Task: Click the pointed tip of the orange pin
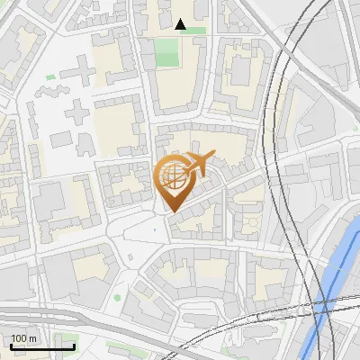click(x=172, y=212)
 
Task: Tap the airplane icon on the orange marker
click(x=196, y=164)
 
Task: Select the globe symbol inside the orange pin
click(x=172, y=177)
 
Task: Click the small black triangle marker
click(x=181, y=25)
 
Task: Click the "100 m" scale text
click(x=24, y=339)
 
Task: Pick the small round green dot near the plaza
click(x=117, y=297)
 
